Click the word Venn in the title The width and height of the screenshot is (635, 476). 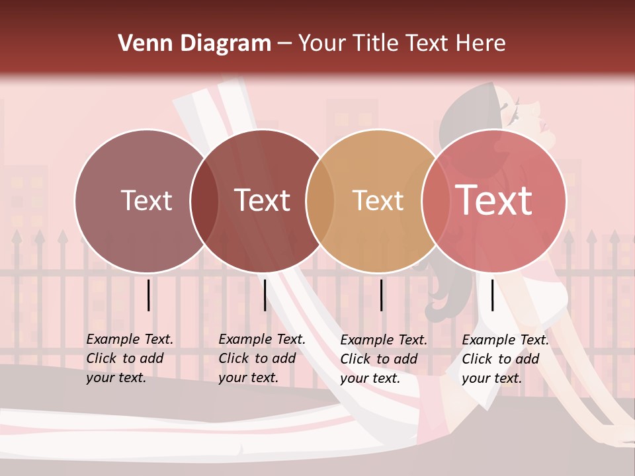142,44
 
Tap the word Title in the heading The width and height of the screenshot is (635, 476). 375,44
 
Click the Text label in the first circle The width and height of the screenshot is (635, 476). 147,200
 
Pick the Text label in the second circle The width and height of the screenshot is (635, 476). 263,200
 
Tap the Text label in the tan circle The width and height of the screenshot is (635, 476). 378,200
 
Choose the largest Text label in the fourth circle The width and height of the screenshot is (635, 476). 494,200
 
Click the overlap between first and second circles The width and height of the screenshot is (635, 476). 204,200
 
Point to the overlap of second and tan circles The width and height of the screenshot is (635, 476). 320,200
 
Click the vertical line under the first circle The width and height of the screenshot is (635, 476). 148,295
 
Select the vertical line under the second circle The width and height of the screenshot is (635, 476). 265,295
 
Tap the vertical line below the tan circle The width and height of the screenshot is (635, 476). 381,295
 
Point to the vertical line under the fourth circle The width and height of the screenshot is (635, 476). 492,295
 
